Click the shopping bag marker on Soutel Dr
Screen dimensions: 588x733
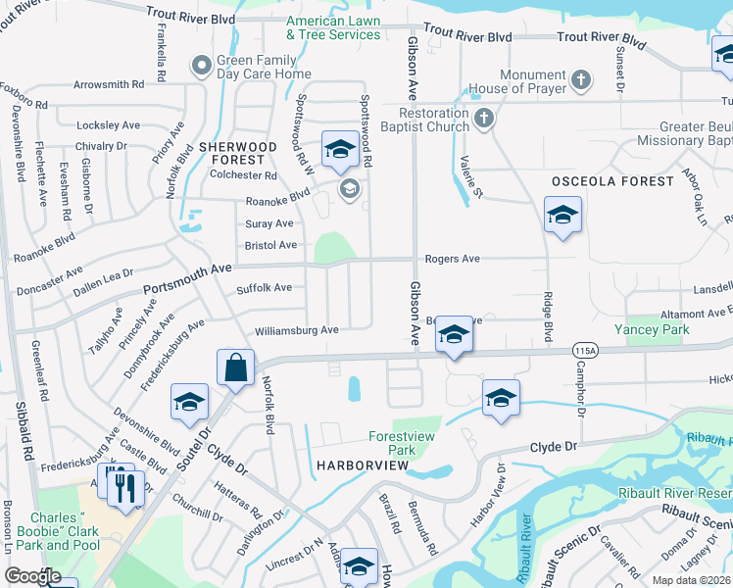point(236,369)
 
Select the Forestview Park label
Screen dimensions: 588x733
point(405,443)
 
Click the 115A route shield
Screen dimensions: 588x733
point(586,350)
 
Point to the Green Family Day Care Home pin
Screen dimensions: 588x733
point(202,67)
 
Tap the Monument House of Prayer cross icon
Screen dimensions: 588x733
point(580,80)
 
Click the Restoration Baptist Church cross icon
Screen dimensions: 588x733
point(483,120)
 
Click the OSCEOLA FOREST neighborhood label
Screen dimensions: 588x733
point(612,181)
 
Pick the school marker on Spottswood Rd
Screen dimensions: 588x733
point(340,149)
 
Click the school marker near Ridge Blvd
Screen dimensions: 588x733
point(562,216)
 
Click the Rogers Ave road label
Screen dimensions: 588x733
point(452,259)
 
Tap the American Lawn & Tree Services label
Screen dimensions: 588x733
point(333,27)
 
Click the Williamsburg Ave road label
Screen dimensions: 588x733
point(296,330)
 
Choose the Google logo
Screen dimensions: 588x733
point(32,576)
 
